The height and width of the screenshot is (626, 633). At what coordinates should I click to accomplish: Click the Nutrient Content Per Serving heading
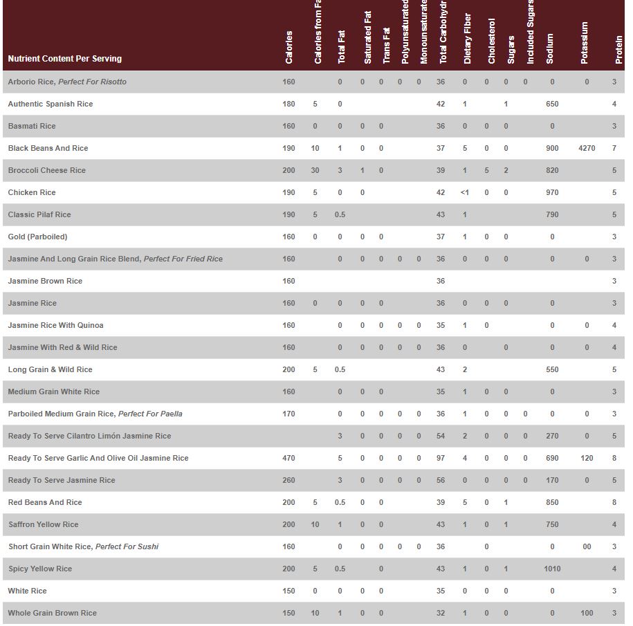coord(65,59)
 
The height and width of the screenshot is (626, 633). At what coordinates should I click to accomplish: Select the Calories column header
coord(289,47)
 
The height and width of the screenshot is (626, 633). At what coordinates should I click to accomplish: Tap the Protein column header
coord(619,50)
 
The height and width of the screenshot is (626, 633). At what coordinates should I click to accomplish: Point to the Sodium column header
coord(550,48)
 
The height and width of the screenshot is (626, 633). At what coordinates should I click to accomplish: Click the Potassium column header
coord(585,43)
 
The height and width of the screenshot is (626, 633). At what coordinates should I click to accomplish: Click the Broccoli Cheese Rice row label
coord(47,170)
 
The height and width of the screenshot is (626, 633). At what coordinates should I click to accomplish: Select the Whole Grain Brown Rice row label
coord(53,613)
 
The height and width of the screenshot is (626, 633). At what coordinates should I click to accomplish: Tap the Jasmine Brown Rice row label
coord(45,281)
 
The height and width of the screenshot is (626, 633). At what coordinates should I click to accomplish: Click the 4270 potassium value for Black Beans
coord(587,148)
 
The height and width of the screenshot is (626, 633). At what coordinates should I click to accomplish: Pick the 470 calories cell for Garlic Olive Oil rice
coord(288,458)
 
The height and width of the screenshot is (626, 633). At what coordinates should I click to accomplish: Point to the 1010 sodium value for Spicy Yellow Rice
coord(552,569)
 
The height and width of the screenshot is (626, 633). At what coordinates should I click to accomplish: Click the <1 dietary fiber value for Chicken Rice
coord(465,192)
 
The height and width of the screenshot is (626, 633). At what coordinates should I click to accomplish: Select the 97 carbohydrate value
coord(441,458)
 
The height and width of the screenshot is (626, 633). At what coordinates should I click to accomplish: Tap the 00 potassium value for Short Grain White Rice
coord(587,546)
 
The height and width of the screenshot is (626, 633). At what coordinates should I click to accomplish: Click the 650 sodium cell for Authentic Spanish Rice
coord(552,104)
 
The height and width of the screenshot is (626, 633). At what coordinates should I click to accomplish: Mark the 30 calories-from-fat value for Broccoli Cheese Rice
coord(315,170)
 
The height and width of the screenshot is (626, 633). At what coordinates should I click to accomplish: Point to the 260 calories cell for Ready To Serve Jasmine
coord(288,480)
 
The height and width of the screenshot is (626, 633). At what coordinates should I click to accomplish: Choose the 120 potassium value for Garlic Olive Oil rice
coord(587,458)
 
